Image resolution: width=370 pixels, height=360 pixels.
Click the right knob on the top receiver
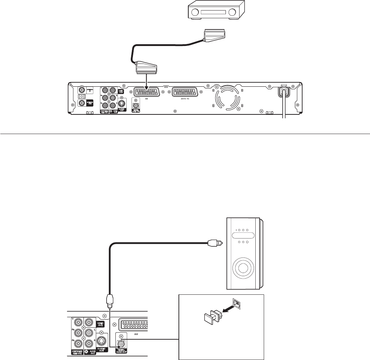231,14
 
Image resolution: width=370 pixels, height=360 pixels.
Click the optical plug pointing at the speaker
214,242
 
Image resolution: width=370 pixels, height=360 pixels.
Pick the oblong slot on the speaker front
242,236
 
